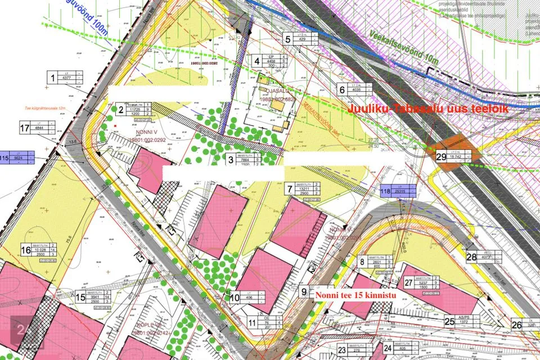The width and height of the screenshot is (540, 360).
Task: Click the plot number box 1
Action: pos(53,78)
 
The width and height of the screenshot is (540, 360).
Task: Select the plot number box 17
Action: pos(24,128)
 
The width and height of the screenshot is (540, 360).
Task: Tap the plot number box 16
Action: pos(25,250)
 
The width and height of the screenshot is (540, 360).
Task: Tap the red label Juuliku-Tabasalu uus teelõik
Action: pos(429,108)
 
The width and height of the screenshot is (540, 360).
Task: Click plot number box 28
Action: pos(471,257)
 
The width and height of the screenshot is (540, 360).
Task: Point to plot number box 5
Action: pos(287,39)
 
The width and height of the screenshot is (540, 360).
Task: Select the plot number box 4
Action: pos(257,61)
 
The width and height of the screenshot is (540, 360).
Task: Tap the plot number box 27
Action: pos(408,283)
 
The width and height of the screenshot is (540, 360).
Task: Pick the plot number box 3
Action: pos(231,160)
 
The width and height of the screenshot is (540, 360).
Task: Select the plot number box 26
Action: pos(517,324)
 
